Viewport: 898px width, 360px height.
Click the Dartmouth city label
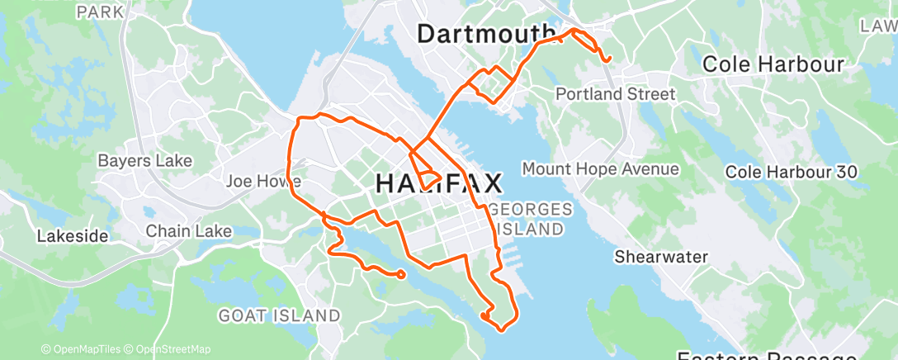(x=485, y=33)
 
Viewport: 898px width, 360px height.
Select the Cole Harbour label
(x=773, y=64)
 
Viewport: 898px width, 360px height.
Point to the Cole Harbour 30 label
(x=792, y=172)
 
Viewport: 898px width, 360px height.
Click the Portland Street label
(x=615, y=94)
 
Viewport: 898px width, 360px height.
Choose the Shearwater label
(x=660, y=257)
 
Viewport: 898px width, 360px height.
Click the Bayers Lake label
(x=144, y=160)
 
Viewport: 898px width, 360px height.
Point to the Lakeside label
(x=73, y=236)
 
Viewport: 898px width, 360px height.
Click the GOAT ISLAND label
(x=279, y=315)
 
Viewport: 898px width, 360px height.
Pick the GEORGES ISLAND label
(x=528, y=218)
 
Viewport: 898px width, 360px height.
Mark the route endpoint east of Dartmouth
(x=608, y=59)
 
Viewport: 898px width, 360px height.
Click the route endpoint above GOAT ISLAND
(x=402, y=274)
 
